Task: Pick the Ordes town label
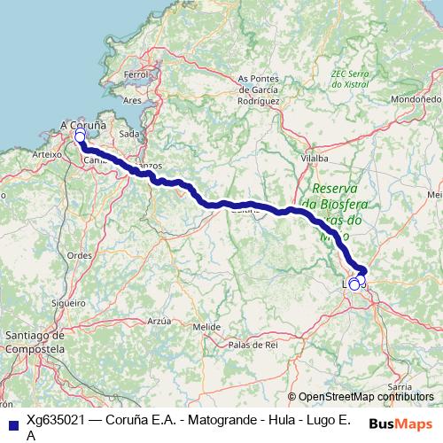coord(80,255)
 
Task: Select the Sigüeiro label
coord(67,303)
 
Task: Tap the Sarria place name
coord(400,387)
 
